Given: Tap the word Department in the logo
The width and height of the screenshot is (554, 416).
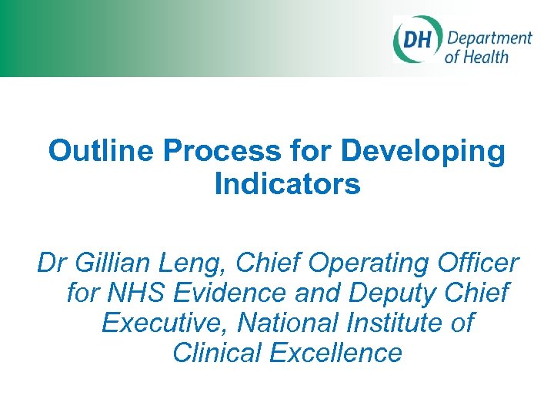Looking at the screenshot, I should click(489, 39).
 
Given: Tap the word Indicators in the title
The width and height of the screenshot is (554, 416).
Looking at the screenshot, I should click(287, 185).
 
